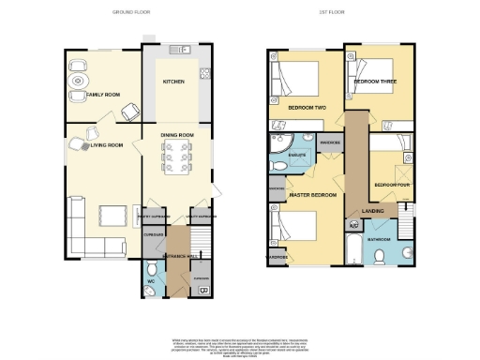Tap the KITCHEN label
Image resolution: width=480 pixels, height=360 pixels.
point(173,82)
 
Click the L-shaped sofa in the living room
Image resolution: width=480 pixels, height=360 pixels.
point(94,247)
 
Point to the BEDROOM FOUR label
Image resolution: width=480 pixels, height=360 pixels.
point(391,186)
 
